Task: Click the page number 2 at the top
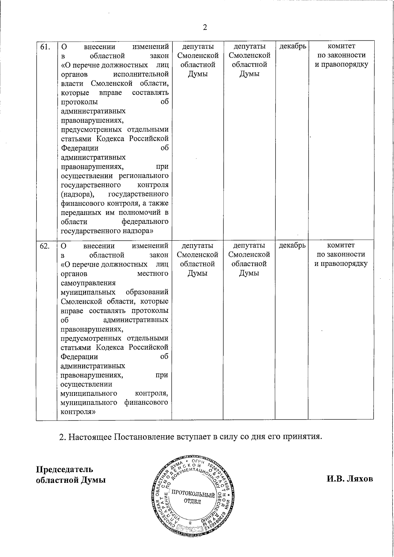pos(205,27)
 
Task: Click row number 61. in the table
pos(45,46)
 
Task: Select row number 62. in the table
pos(45,246)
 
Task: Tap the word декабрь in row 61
pos(293,46)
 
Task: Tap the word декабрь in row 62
pos(292,246)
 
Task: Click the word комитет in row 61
pos(341,46)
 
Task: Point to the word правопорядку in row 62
pos(341,264)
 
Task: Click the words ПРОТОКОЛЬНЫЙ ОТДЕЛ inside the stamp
pos(193,498)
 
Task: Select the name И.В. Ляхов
pos(350,479)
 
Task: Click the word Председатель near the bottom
pos(64,469)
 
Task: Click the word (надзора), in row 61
pos(76,194)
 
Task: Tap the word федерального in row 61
pos(145,222)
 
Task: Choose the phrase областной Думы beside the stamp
pos(71,480)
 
